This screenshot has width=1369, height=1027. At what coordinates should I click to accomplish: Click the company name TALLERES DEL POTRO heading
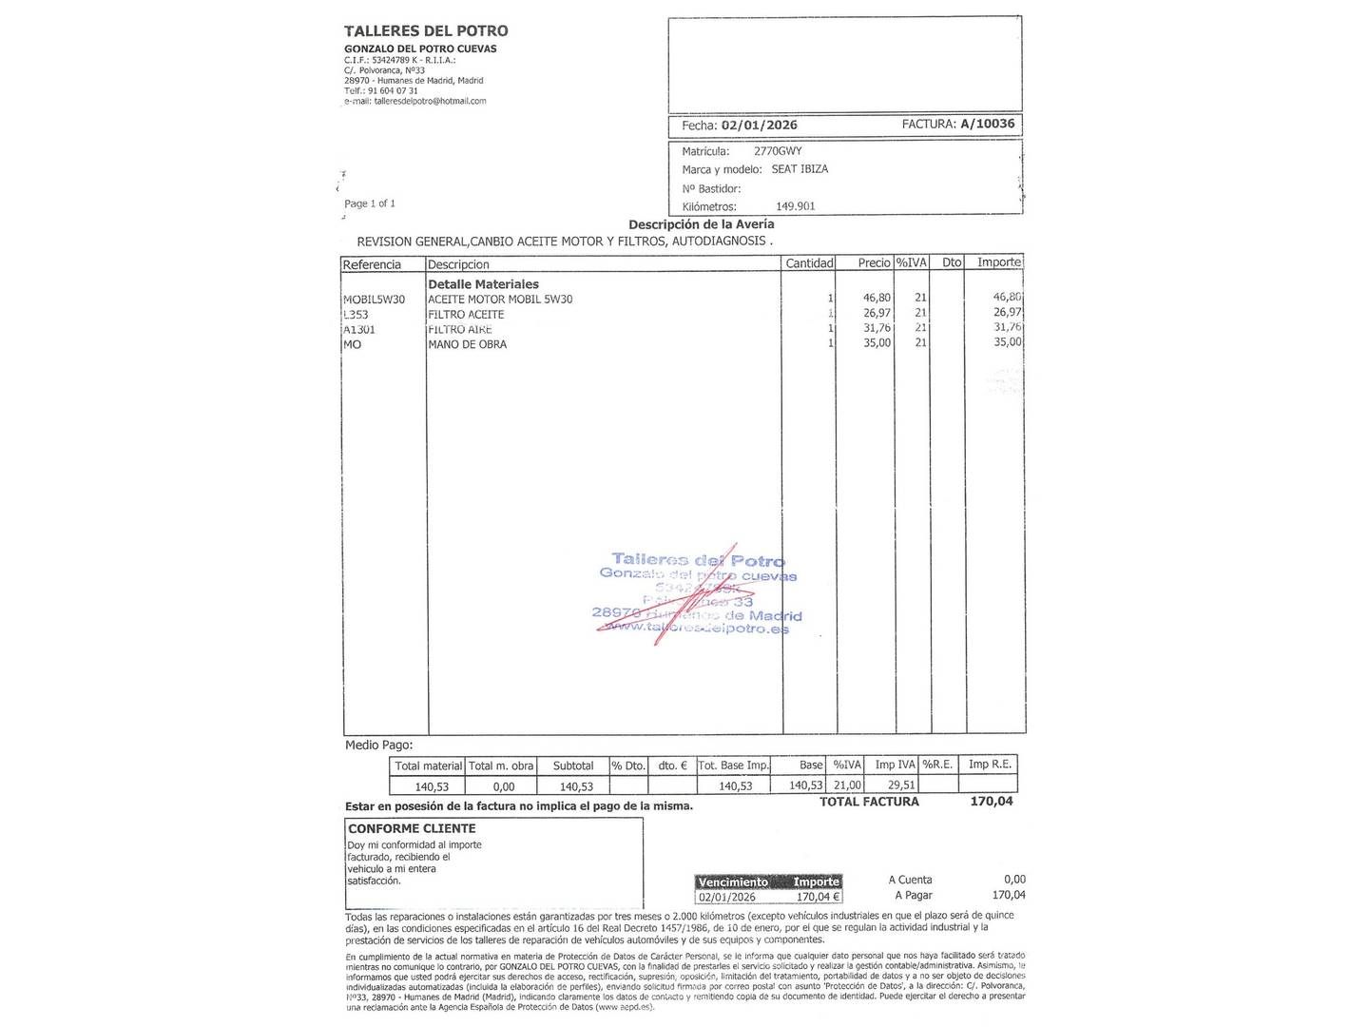click(x=426, y=31)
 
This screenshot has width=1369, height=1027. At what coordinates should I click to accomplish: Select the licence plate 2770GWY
click(x=778, y=151)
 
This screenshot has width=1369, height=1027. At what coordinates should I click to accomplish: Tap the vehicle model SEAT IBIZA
click(x=800, y=169)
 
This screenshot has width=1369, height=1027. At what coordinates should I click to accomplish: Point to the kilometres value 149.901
click(x=796, y=206)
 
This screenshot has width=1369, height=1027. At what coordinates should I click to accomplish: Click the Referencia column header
click(x=372, y=264)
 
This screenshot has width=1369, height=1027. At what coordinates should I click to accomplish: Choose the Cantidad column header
click(x=809, y=263)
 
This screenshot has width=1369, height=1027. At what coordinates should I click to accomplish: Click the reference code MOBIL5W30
click(x=374, y=300)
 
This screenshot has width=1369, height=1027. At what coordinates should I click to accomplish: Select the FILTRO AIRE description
click(x=459, y=329)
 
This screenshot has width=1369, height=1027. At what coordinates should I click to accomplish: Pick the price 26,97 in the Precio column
click(x=877, y=313)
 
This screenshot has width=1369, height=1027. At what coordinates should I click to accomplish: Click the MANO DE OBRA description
click(x=467, y=344)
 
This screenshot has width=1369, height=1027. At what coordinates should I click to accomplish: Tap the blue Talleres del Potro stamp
click(x=698, y=595)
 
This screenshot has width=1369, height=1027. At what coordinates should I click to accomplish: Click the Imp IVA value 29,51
click(x=900, y=785)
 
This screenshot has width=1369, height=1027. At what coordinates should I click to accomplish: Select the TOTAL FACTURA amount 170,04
click(x=991, y=802)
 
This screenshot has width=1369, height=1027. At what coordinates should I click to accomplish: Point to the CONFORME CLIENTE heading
click(x=412, y=828)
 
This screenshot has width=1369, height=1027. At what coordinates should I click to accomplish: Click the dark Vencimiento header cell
click(x=733, y=882)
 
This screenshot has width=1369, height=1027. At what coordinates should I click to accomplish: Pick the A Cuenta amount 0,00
click(x=1014, y=880)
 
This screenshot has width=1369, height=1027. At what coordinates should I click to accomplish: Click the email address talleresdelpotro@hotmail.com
click(x=430, y=101)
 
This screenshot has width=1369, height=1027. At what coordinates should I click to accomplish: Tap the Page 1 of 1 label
click(x=370, y=203)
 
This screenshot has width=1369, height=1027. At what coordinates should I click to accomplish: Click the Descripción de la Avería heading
click(x=701, y=224)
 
